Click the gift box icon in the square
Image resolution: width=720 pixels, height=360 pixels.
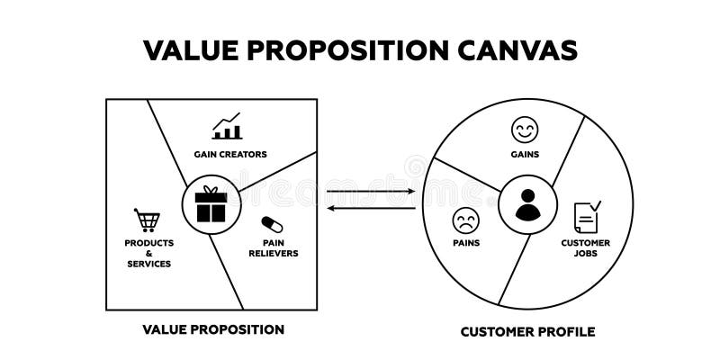pyautogui.click(x=211, y=204)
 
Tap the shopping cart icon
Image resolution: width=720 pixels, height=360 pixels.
pyautogui.click(x=147, y=220)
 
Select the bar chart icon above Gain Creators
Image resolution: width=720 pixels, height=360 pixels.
pyautogui.click(x=227, y=127)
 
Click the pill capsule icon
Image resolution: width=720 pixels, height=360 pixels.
pyautogui.click(x=271, y=225)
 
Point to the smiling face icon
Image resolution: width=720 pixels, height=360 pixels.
pyautogui.click(x=524, y=131)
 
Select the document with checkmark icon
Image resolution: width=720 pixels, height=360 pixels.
pyautogui.click(x=587, y=216)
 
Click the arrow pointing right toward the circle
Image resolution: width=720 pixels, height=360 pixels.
pyautogui.click(x=372, y=192)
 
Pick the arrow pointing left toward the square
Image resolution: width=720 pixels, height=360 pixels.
pyautogui.click(x=372, y=209)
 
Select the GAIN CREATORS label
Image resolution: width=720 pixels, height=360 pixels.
pyautogui.click(x=230, y=154)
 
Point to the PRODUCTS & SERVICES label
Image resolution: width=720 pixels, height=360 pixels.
pyautogui.click(x=149, y=253)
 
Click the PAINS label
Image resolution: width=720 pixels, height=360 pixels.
pyautogui.click(x=466, y=242)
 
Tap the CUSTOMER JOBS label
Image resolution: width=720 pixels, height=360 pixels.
pyautogui.click(x=586, y=247)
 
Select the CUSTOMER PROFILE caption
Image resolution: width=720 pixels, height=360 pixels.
pyautogui.click(x=527, y=331)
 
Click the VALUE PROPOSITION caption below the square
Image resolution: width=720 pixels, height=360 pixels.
pyautogui.click(x=213, y=329)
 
